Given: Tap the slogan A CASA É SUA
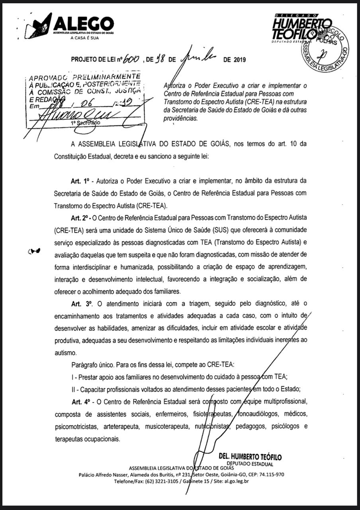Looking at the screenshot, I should (84, 38).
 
